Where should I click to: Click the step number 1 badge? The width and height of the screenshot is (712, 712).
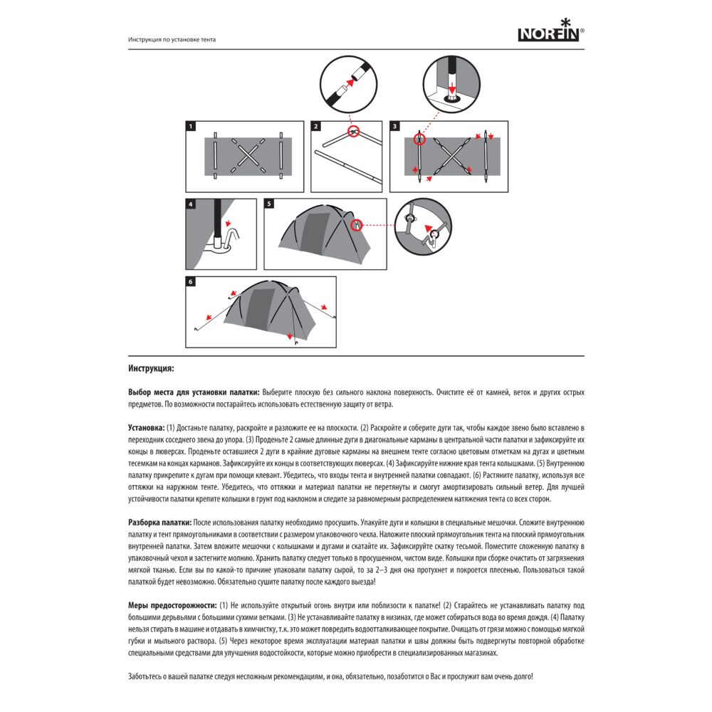[x=190, y=127]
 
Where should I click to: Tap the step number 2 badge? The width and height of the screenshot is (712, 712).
[x=316, y=127]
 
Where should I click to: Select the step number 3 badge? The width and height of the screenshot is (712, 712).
[x=395, y=127]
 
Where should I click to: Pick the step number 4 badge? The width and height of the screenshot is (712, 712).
[x=190, y=204]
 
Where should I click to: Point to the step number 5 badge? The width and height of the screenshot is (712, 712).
[x=269, y=204]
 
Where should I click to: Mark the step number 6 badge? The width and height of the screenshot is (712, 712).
[x=190, y=282]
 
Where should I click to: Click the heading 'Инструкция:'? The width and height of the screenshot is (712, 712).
[x=151, y=370]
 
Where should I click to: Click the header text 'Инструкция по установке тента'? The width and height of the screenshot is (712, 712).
[x=172, y=40]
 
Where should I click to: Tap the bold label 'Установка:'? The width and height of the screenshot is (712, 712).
[x=146, y=427]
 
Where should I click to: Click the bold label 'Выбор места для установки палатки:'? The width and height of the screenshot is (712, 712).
[x=194, y=392]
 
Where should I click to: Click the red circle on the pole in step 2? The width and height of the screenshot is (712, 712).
[x=353, y=132]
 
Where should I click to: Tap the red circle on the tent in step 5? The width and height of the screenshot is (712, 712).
[x=356, y=225]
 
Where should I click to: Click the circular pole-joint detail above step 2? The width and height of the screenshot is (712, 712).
[x=350, y=83]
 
